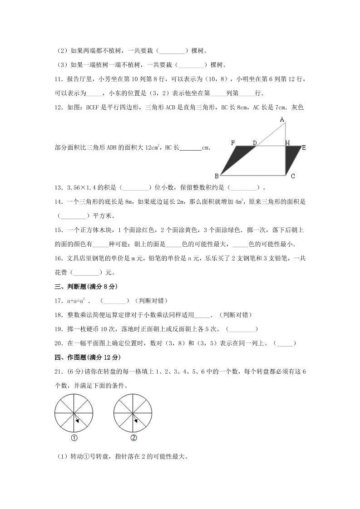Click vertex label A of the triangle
pos(282,119)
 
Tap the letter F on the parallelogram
pos(233,143)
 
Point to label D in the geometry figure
pos(255,143)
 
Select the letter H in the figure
pos(287,143)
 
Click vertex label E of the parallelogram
pos(303,147)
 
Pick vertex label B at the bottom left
pos(217,176)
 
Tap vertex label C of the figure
pos(293,176)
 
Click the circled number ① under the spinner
pos(74,438)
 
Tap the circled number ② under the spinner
pos(133,438)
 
